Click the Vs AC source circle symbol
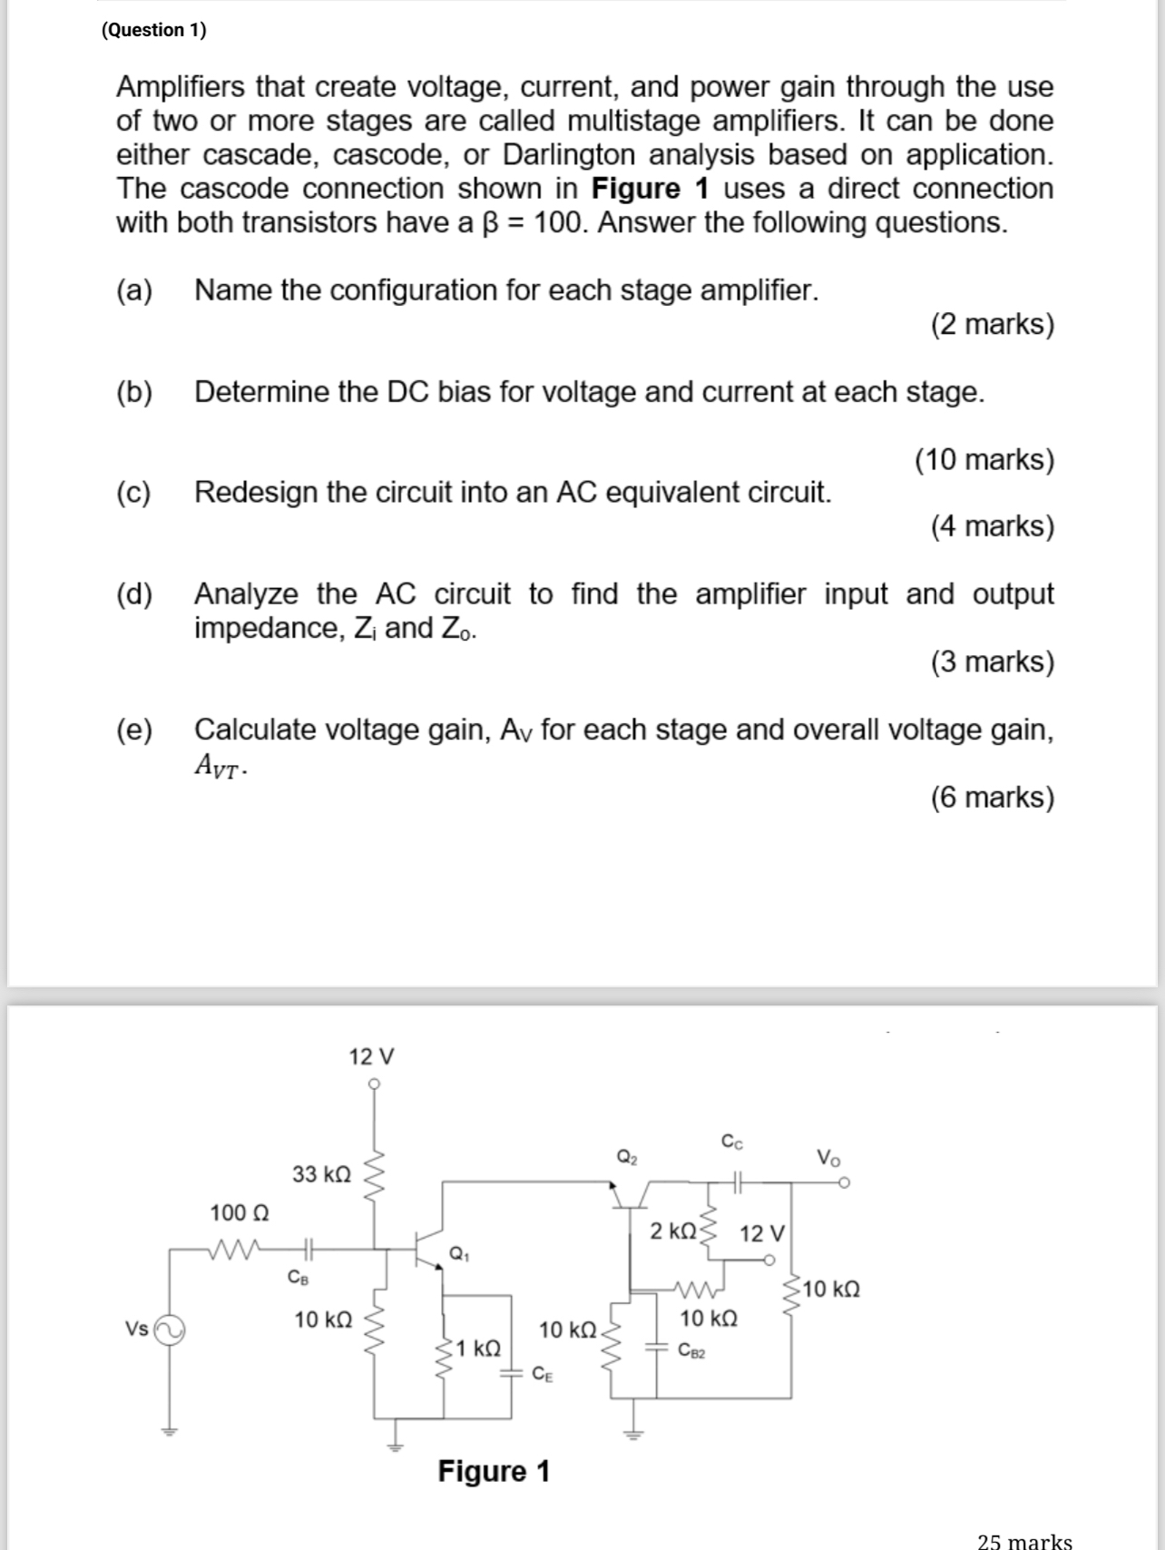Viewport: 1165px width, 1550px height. (x=170, y=1330)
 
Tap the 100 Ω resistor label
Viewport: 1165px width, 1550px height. (x=239, y=1212)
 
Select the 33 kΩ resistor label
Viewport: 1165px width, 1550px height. (x=321, y=1174)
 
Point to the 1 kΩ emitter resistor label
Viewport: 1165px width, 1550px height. (x=478, y=1348)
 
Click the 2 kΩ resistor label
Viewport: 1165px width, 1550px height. (x=673, y=1231)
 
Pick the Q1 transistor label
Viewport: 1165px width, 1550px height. (x=459, y=1255)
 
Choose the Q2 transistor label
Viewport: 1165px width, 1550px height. (x=627, y=1157)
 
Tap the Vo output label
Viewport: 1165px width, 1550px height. (x=828, y=1157)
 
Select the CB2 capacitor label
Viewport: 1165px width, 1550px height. (x=692, y=1350)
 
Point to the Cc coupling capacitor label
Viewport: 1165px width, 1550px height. (x=732, y=1142)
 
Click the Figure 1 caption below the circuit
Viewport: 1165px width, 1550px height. (x=494, y=1471)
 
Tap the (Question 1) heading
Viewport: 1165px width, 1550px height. (x=154, y=30)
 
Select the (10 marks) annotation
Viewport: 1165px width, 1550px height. (x=984, y=459)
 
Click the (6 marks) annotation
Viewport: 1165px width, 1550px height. (x=993, y=797)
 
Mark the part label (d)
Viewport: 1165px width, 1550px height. (x=135, y=594)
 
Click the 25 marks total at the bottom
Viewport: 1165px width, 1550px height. (x=1024, y=1540)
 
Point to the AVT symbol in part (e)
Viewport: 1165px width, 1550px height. (x=219, y=767)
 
